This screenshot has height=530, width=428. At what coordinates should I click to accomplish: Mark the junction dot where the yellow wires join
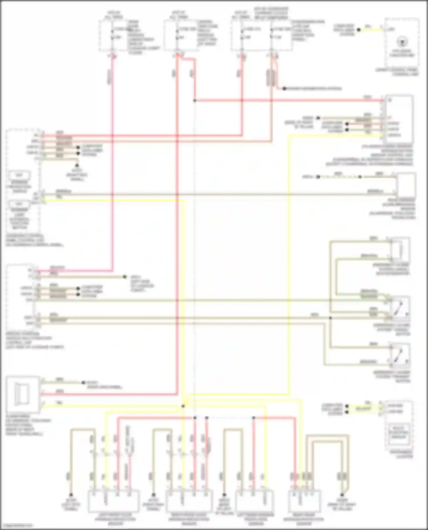[x=183, y=406]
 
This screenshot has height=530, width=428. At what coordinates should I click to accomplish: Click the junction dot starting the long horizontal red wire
[x=195, y=101]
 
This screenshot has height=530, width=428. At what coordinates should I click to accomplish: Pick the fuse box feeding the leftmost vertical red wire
[x=113, y=36]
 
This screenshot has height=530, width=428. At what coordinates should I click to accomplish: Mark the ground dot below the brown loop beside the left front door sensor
[x=71, y=495]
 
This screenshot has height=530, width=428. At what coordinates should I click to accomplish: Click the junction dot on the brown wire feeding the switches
[x=330, y=318]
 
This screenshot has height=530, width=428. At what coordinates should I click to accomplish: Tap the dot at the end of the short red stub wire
[x=284, y=89]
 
